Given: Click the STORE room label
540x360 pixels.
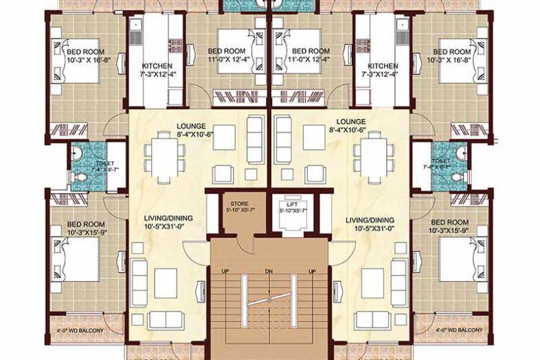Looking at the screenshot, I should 240,203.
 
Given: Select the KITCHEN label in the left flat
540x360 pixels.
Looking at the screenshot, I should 157,66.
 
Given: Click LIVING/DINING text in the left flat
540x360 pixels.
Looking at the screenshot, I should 168,218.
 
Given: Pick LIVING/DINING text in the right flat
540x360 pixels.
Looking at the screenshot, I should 371,218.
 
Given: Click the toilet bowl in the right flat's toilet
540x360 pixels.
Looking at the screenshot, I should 459,177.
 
